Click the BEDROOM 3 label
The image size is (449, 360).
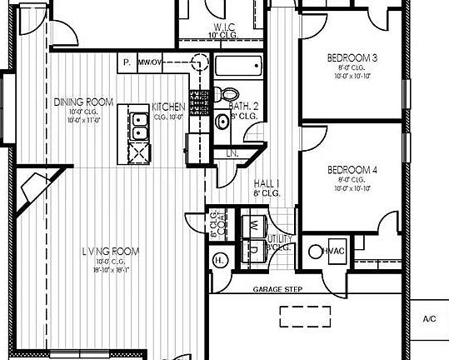[x=352, y=57]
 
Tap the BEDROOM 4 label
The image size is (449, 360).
[x=352, y=169]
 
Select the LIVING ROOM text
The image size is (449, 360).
[x=111, y=251]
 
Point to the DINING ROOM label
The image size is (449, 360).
[x=83, y=102]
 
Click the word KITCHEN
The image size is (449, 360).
[x=168, y=107]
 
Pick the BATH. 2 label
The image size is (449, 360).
[x=243, y=107]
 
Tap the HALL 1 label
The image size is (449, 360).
[x=267, y=183]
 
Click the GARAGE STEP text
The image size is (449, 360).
[x=277, y=289]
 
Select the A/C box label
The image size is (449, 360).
[x=430, y=318]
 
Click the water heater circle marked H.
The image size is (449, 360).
[x=219, y=259]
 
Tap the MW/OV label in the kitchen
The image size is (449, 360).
[x=150, y=62]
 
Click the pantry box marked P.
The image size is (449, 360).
[x=126, y=62]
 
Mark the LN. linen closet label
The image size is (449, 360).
[x=232, y=154]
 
